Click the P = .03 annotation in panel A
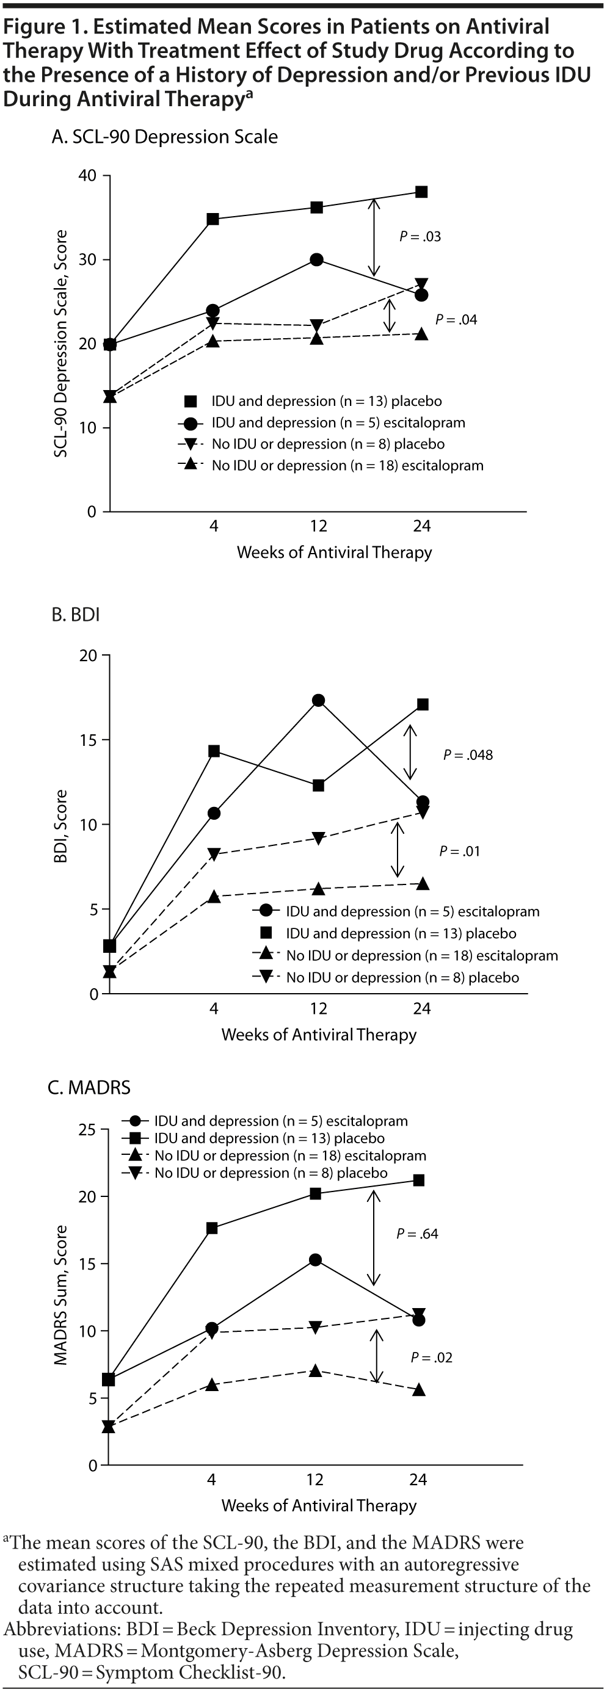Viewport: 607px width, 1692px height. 420,236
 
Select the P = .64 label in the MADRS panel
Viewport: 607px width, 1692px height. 417,1234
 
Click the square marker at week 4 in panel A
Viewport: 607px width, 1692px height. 213,219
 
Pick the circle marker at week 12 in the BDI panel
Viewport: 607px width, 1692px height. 319,700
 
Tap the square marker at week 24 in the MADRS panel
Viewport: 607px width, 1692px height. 418,1180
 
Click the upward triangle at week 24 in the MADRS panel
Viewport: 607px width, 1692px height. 418,1390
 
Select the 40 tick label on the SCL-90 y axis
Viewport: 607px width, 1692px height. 87,176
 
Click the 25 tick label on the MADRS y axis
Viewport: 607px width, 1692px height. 87,1130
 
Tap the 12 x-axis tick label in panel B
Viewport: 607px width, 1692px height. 319,1008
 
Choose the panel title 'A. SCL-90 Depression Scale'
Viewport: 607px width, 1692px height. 164,137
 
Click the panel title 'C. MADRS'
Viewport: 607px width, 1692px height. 89,1088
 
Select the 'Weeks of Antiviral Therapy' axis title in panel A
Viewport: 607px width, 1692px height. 335,552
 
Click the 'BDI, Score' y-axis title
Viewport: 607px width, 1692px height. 61,826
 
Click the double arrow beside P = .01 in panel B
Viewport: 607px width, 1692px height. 398,850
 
